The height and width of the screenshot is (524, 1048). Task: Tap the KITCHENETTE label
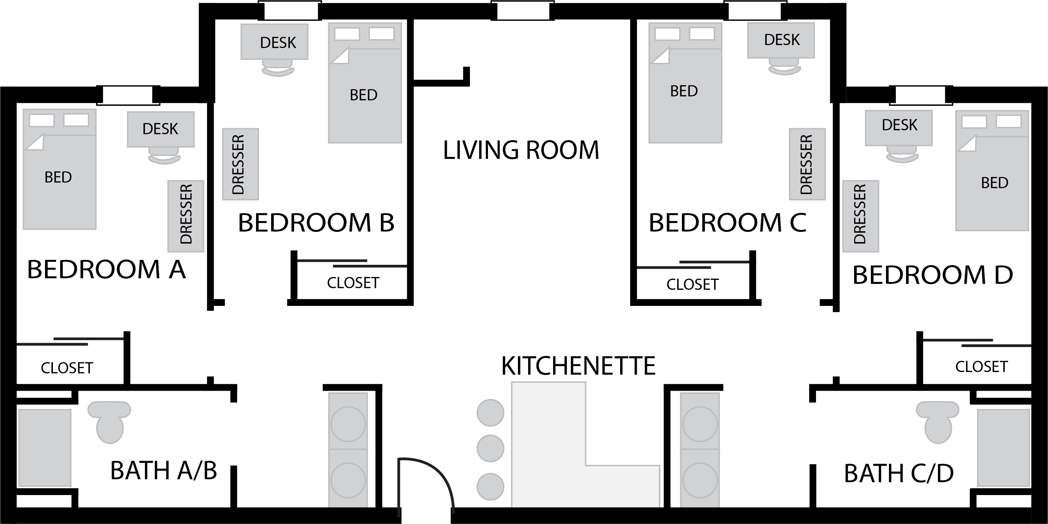(578, 366)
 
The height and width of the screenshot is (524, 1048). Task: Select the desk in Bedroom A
(161, 129)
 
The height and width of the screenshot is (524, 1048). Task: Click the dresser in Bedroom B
(241, 164)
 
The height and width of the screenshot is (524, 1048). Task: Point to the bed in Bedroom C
(685, 83)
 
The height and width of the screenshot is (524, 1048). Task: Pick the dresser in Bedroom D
(860, 216)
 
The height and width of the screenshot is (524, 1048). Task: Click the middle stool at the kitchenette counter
(490, 448)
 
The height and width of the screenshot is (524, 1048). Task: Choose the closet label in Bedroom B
(353, 283)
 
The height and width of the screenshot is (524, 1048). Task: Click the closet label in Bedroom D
(981, 367)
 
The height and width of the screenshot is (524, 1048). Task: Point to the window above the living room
(523, 11)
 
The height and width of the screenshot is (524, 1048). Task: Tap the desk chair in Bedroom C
(784, 67)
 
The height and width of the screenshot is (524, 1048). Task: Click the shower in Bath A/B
(45, 448)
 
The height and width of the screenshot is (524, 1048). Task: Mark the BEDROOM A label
(106, 269)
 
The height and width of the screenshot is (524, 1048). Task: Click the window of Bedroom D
(921, 96)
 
